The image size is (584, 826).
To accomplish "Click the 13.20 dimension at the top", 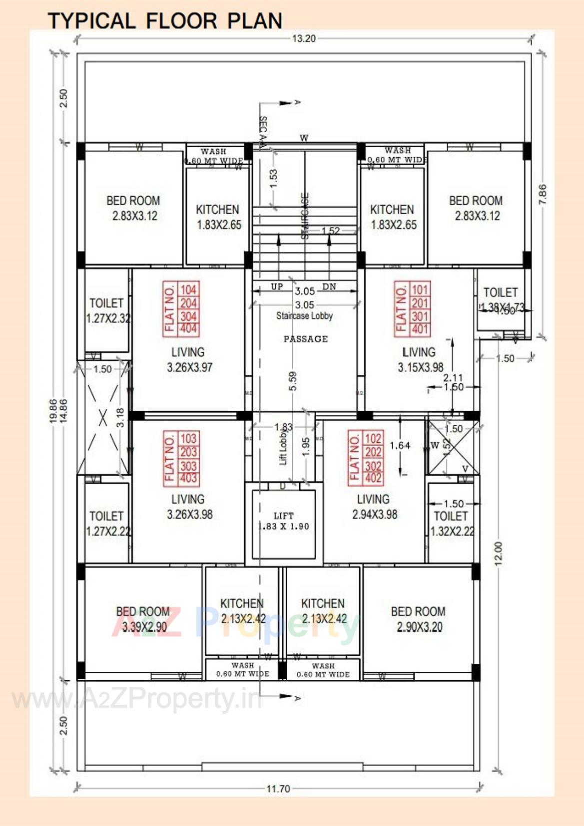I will (x=304, y=38).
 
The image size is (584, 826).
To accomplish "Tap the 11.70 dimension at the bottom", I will (x=278, y=789).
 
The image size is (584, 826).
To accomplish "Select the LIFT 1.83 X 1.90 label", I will (x=284, y=521).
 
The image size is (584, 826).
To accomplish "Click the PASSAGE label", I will (x=306, y=339).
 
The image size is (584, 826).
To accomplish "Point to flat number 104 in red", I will (x=188, y=290).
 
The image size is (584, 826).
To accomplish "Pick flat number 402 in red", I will (x=373, y=478).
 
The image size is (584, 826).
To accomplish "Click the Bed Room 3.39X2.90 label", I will (x=143, y=619).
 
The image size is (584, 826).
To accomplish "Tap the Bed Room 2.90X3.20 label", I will (x=419, y=619).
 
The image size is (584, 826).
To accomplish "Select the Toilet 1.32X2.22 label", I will (x=452, y=524).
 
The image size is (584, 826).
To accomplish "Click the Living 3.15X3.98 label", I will (x=420, y=360).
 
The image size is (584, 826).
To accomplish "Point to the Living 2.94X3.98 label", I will (x=374, y=507).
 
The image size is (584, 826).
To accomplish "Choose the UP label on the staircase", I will (x=276, y=286).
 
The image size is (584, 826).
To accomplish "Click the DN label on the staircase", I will (x=329, y=286).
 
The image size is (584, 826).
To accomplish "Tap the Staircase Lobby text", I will (x=304, y=316).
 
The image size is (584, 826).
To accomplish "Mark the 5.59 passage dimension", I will (x=293, y=381).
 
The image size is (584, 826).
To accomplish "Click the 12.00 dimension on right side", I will (x=498, y=553).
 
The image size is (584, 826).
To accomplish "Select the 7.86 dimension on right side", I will (x=543, y=194).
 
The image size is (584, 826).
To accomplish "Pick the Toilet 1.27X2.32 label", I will (x=107, y=310).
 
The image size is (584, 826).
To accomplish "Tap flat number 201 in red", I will (x=420, y=303).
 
